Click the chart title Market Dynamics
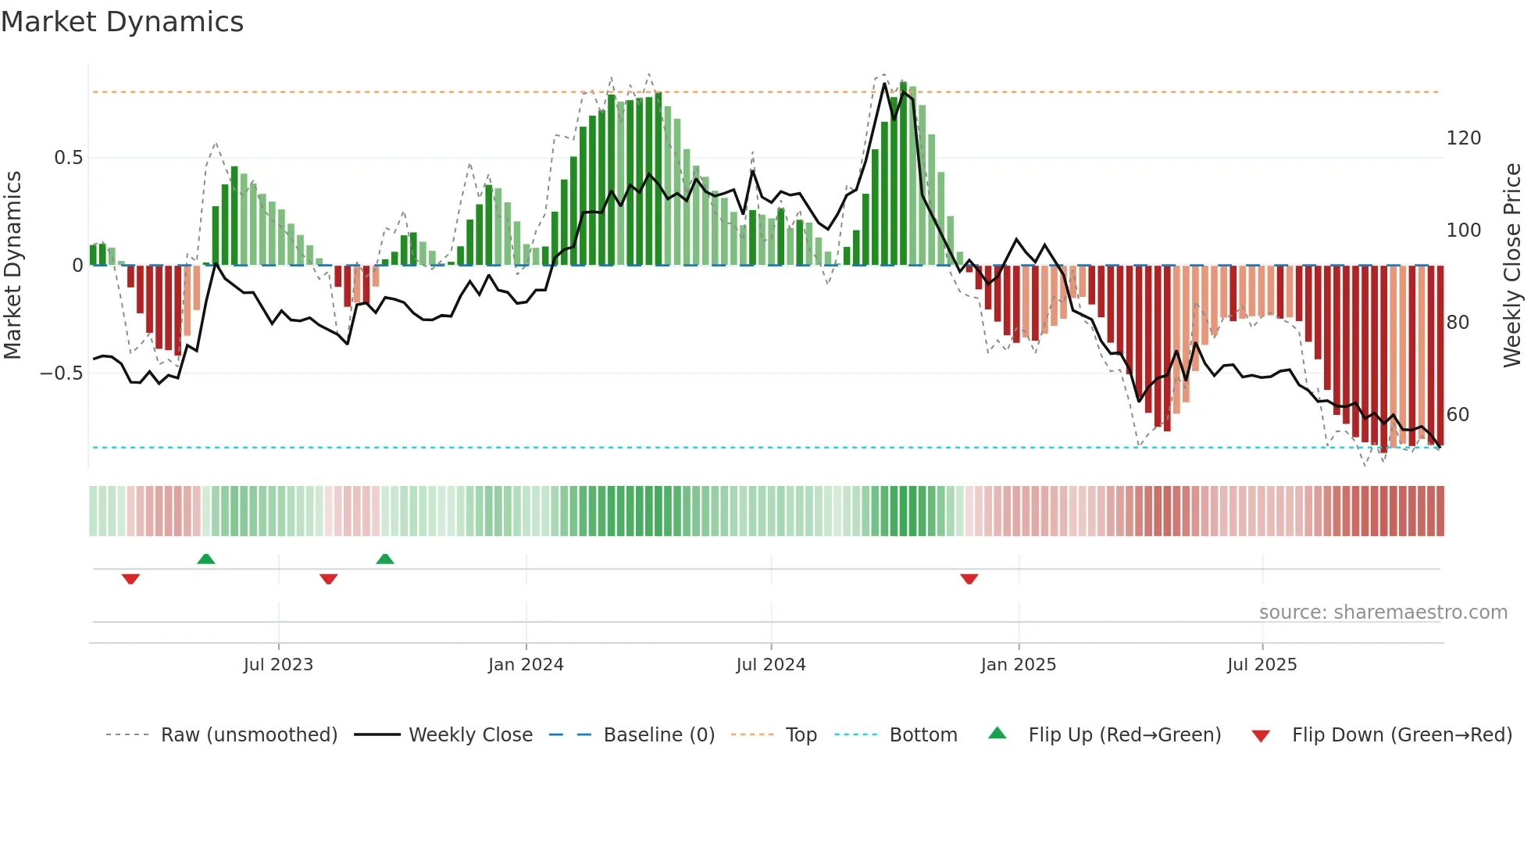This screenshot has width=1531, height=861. click(x=122, y=22)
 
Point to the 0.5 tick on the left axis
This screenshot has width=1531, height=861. click(x=68, y=158)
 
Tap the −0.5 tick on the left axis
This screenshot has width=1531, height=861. click(x=61, y=373)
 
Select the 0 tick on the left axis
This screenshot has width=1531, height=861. click(x=77, y=266)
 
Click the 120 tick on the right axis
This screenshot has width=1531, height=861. click(x=1463, y=138)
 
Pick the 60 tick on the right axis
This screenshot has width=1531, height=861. click(x=1458, y=415)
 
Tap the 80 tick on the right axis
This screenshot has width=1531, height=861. click(x=1458, y=323)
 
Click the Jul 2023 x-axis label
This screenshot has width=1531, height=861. click(x=278, y=665)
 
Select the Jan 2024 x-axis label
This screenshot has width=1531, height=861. click(x=526, y=665)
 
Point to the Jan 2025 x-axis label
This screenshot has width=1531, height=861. click(x=1018, y=665)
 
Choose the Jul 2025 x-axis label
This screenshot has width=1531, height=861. click(x=1262, y=665)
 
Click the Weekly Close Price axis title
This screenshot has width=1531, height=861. click(x=1512, y=266)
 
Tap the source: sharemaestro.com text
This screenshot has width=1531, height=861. click(x=1383, y=613)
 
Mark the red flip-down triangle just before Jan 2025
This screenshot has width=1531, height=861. click(x=969, y=579)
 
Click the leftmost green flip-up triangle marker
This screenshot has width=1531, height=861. click(x=205, y=559)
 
